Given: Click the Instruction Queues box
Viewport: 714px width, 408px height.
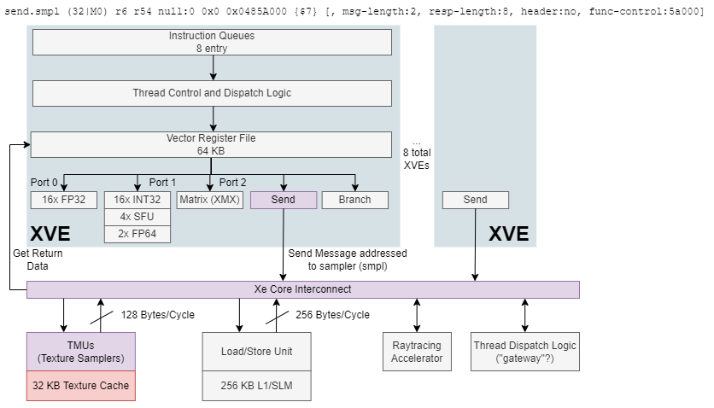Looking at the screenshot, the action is coord(212,43).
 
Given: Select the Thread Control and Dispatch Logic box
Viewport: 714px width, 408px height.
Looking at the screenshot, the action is coord(212,93).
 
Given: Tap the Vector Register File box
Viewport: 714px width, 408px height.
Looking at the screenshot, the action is coord(211,144).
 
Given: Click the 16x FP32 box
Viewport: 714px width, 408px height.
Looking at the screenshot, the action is coord(64,200).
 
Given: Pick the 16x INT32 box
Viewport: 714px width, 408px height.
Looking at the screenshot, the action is coord(137,200).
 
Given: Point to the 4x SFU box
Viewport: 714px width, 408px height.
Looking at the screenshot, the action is coord(137,217).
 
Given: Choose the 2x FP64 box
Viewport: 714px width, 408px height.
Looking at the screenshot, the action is coord(137,234).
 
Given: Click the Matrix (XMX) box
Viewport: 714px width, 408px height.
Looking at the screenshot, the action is coord(210,200).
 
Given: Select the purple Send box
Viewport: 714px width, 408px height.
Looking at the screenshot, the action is coord(284,200).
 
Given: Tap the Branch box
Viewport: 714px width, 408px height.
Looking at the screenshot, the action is coord(355,200).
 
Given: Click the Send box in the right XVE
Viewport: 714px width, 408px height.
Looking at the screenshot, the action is coord(476,200).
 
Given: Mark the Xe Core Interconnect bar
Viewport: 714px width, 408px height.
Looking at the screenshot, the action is coord(303,289).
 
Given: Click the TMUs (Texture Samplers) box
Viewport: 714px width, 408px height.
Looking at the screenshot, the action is coord(81,352).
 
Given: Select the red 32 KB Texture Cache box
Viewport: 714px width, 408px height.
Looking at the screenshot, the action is coord(81,386).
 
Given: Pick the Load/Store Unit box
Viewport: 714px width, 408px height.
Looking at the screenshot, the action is coord(257,352).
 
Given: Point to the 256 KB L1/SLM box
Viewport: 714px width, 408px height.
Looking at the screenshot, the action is coord(257,386).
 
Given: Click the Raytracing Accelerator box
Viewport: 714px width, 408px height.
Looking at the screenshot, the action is coord(417,352).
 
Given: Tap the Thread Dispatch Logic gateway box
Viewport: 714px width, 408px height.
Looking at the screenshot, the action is coord(525,352).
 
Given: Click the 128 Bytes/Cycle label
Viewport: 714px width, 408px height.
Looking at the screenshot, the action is coord(157,315).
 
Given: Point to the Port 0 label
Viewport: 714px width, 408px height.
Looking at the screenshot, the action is coord(44,183).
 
